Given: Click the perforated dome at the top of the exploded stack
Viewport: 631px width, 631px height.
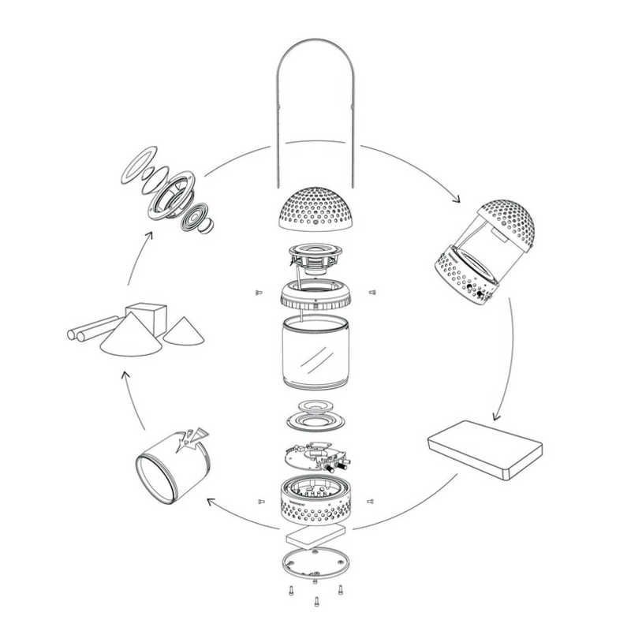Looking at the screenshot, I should (x=315, y=208).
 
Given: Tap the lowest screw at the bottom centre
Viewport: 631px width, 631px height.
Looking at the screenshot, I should (x=316, y=603).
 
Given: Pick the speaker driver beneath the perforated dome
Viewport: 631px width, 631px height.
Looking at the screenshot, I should (x=315, y=258).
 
